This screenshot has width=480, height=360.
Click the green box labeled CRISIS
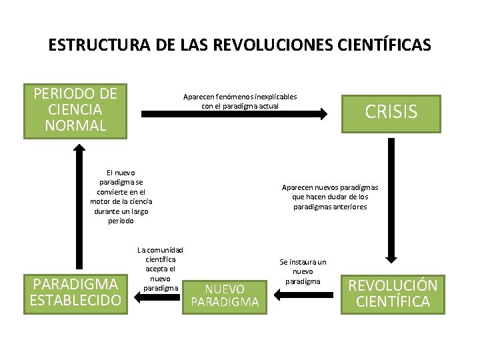(391, 112)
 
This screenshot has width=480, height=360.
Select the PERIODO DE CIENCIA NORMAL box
(75, 110)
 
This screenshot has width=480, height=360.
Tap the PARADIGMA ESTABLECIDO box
(75, 292)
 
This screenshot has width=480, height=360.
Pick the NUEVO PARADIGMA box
(225, 295)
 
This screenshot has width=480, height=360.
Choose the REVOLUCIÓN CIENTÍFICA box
(393, 293)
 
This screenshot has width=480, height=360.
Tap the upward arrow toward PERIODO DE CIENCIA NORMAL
(75, 200)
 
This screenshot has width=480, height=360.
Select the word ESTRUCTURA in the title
(89, 45)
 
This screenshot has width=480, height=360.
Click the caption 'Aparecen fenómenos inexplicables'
(240, 97)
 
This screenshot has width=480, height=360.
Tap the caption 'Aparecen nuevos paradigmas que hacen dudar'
(330, 197)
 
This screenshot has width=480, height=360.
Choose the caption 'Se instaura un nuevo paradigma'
(303, 271)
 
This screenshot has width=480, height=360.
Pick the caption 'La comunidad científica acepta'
(160, 268)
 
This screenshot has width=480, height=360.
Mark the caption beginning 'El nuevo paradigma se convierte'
(121, 196)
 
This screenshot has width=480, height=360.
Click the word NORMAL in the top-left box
(75, 125)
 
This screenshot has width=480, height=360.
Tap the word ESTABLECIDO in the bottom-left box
(75, 300)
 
